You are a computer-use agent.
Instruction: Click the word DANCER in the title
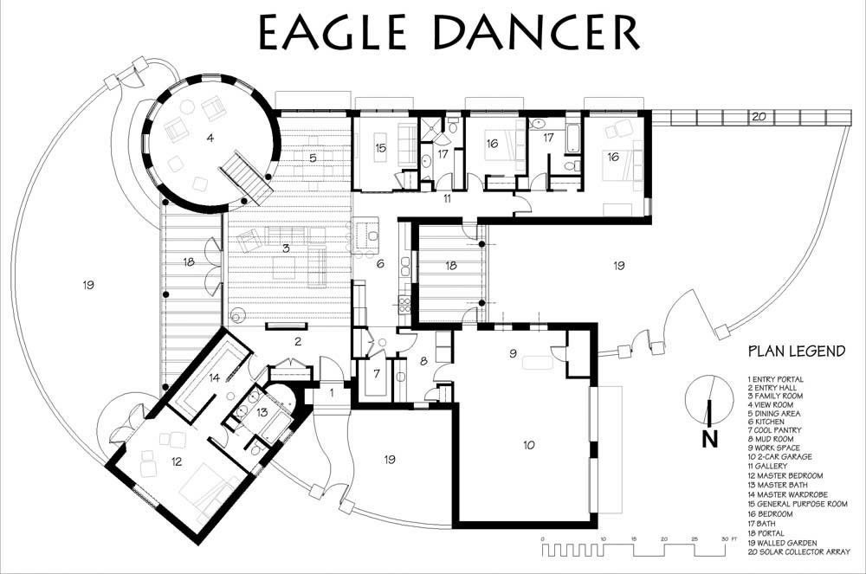(x=536, y=32)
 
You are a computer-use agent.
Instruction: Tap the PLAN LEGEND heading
(x=797, y=351)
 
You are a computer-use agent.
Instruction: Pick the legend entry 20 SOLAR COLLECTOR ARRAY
(x=798, y=552)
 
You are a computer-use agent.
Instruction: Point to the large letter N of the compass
(x=710, y=439)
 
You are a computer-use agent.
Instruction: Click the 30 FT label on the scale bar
(x=729, y=539)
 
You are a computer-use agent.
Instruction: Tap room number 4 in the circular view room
(x=210, y=138)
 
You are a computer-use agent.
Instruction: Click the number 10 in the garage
(x=529, y=445)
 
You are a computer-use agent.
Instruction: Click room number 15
(x=380, y=148)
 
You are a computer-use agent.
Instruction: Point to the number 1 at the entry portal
(x=332, y=394)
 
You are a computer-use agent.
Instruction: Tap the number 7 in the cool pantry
(x=377, y=374)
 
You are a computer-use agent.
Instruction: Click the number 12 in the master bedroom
(x=176, y=462)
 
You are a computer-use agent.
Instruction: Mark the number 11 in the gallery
(x=447, y=198)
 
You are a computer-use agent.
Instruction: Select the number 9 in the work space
(x=513, y=353)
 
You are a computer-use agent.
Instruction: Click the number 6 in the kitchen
(x=380, y=264)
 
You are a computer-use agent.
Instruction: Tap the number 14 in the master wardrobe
(x=214, y=378)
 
